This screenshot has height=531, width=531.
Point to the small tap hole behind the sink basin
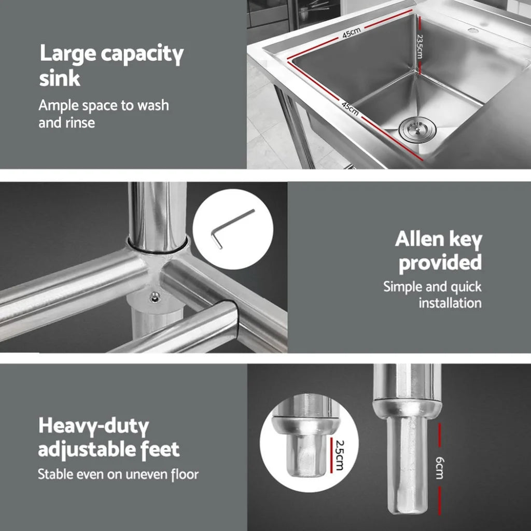pos(472,30)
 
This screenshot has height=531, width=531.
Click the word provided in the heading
pos(440,263)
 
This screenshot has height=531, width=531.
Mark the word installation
pos(450,303)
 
